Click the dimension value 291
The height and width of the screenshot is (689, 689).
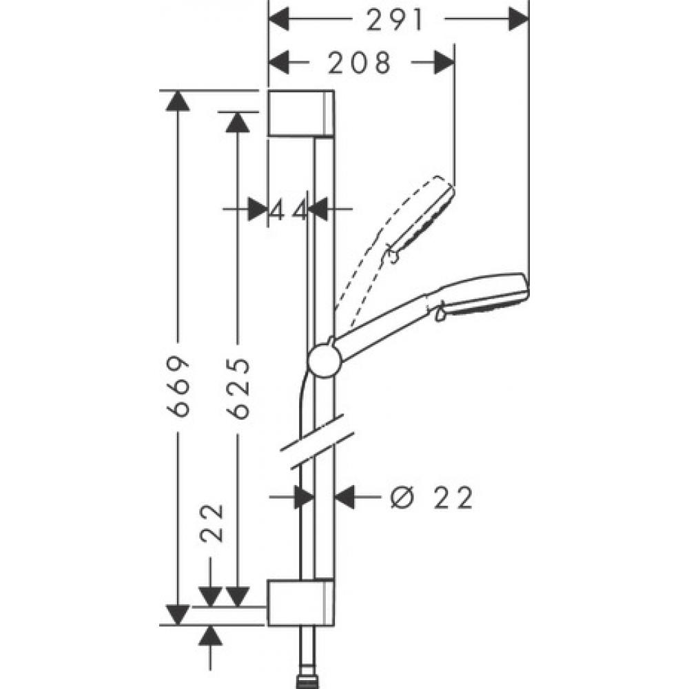(x=395, y=20)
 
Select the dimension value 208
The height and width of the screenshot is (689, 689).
(x=360, y=63)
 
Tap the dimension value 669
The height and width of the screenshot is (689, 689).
(x=178, y=386)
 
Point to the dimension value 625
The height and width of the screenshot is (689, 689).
(x=238, y=387)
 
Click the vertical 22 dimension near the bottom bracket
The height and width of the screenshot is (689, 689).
(x=212, y=524)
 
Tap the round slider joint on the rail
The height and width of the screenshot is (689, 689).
(x=323, y=361)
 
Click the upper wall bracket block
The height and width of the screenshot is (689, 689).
(x=302, y=114)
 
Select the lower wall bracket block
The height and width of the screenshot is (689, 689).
(x=300, y=602)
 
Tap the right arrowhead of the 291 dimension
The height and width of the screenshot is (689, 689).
(x=519, y=20)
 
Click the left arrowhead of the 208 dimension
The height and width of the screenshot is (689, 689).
(x=278, y=63)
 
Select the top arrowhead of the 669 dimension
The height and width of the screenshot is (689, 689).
(x=178, y=101)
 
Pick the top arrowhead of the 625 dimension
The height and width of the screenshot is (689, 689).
(x=238, y=122)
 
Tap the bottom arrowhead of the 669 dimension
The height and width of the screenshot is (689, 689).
(x=178, y=615)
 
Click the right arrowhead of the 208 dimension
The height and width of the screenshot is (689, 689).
(x=444, y=63)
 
